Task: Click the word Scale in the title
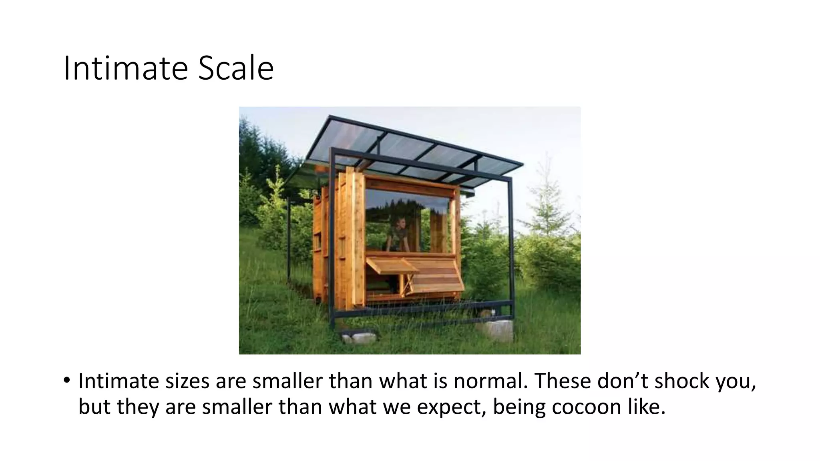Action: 236,68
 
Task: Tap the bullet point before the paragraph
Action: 66,380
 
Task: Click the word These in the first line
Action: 562,381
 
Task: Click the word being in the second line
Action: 519,407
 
